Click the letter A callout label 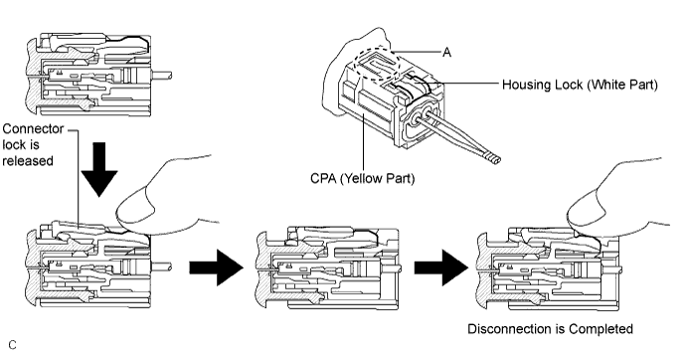[446, 53]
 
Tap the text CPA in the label [324, 178]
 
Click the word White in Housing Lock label [608, 85]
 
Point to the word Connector [33, 129]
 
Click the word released [28, 161]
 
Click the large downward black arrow [99, 170]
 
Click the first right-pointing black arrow [216, 268]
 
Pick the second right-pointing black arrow [441, 268]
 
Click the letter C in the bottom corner [12, 345]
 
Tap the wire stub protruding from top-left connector [161, 75]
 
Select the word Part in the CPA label [402, 178]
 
